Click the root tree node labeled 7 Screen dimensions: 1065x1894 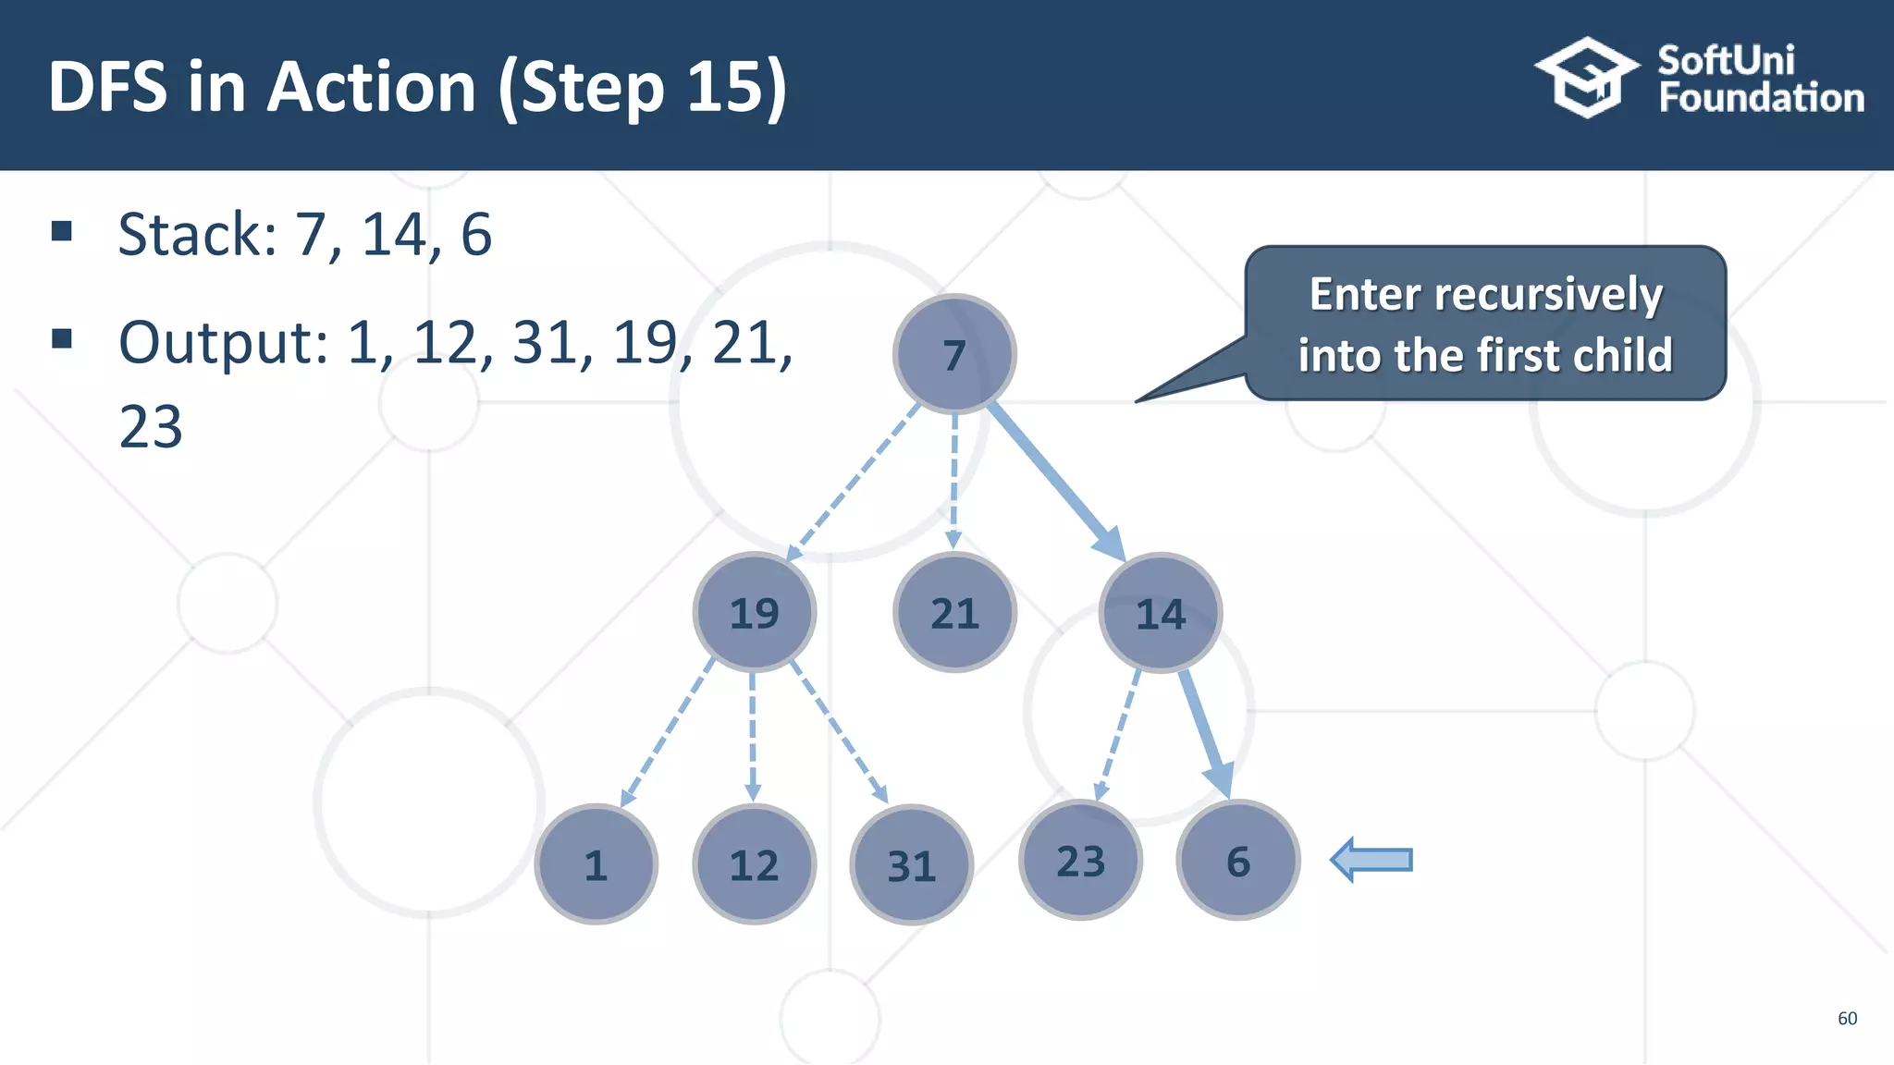pyautogui.click(x=954, y=354)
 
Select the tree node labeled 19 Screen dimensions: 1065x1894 pyautogui.click(x=755, y=612)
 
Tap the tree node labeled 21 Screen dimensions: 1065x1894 pyautogui.click(x=954, y=612)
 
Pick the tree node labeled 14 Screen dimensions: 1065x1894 pyautogui.click(x=1161, y=612)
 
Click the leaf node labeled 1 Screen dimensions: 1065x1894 pyautogui.click(x=596, y=864)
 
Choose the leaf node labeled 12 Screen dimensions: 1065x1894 pyautogui.click(x=755, y=864)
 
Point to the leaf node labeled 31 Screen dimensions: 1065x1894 pyautogui.click(x=912, y=864)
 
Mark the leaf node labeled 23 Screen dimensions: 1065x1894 pyautogui.click(x=1081, y=861)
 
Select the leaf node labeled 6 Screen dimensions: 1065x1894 pyautogui.click(x=1238, y=861)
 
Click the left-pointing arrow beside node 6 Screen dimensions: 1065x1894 pyautogui.click(x=1372, y=861)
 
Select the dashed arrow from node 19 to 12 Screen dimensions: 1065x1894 pyautogui.click(x=753, y=735)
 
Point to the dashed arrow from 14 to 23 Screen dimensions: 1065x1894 pyautogui.click(x=1117, y=735)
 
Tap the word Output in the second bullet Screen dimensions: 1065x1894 pyautogui.click(x=223, y=343)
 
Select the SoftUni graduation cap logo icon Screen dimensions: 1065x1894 pyautogui.click(x=1587, y=78)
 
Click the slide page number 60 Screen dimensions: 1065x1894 pyautogui.click(x=1847, y=1018)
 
